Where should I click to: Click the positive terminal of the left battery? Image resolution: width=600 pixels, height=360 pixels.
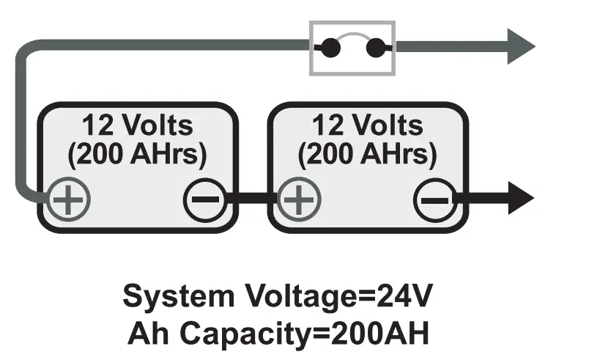[69, 200]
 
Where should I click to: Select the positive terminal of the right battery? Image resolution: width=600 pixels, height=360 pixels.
[297, 200]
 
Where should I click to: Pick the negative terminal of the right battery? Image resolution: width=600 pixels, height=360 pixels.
[434, 200]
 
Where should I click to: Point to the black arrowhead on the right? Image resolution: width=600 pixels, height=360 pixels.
[520, 199]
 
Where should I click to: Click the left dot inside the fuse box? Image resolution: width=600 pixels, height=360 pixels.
[330, 48]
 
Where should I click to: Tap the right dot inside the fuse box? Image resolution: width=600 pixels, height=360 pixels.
[375, 48]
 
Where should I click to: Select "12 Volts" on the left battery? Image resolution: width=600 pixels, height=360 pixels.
[137, 125]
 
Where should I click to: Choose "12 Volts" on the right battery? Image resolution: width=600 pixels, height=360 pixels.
[368, 125]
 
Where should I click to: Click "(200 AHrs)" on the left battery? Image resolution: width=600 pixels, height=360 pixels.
[137, 155]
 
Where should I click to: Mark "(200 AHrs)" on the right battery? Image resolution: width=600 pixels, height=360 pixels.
[368, 155]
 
